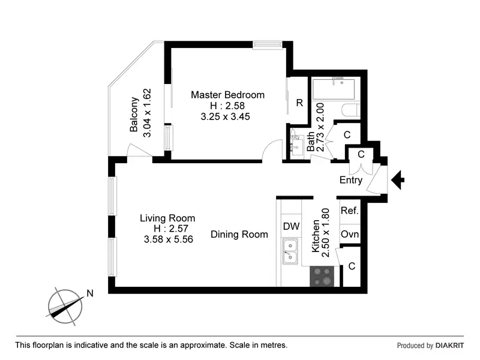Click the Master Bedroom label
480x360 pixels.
click(227, 95)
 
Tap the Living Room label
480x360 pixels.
click(167, 218)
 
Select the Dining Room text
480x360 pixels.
click(239, 235)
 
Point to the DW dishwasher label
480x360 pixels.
click(291, 226)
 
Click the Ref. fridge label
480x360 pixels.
click(350, 211)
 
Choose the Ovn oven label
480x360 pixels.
click(350, 234)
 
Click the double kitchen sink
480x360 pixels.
click(291, 251)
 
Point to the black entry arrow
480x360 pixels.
click(398, 179)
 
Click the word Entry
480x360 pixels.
click(351, 180)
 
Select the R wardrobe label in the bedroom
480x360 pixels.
click(299, 102)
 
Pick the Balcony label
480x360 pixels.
click(134, 115)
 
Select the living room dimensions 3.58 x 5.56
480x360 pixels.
click(167, 239)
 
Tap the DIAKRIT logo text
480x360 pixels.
click(450, 346)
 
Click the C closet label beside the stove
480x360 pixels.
click(352, 266)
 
